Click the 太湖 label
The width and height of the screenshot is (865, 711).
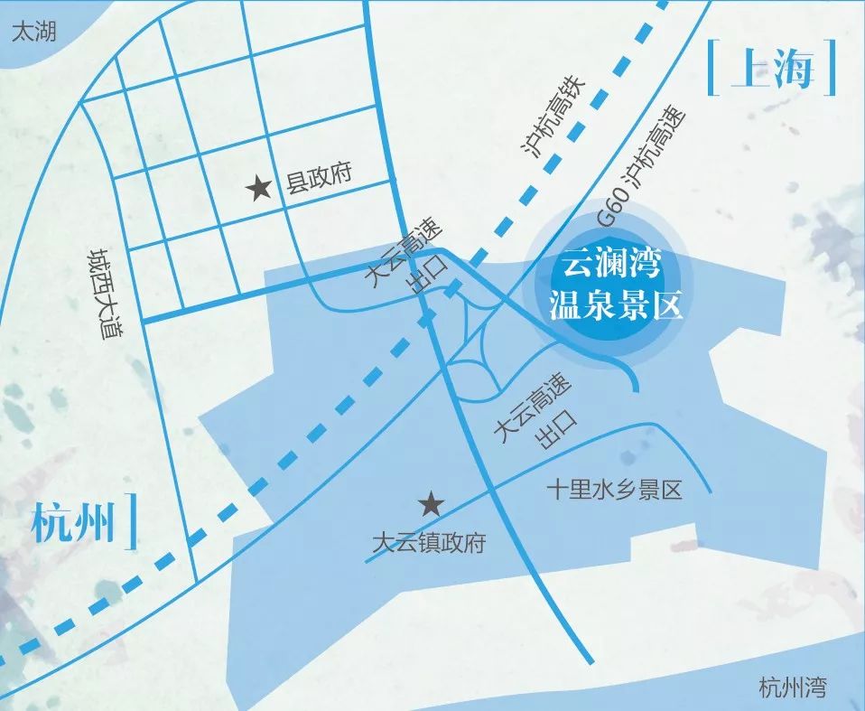pos(33,33)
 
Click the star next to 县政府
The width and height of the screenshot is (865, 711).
pos(260,189)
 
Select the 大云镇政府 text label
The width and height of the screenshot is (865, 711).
pos(429,544)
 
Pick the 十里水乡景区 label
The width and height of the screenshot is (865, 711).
pos(613,491)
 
